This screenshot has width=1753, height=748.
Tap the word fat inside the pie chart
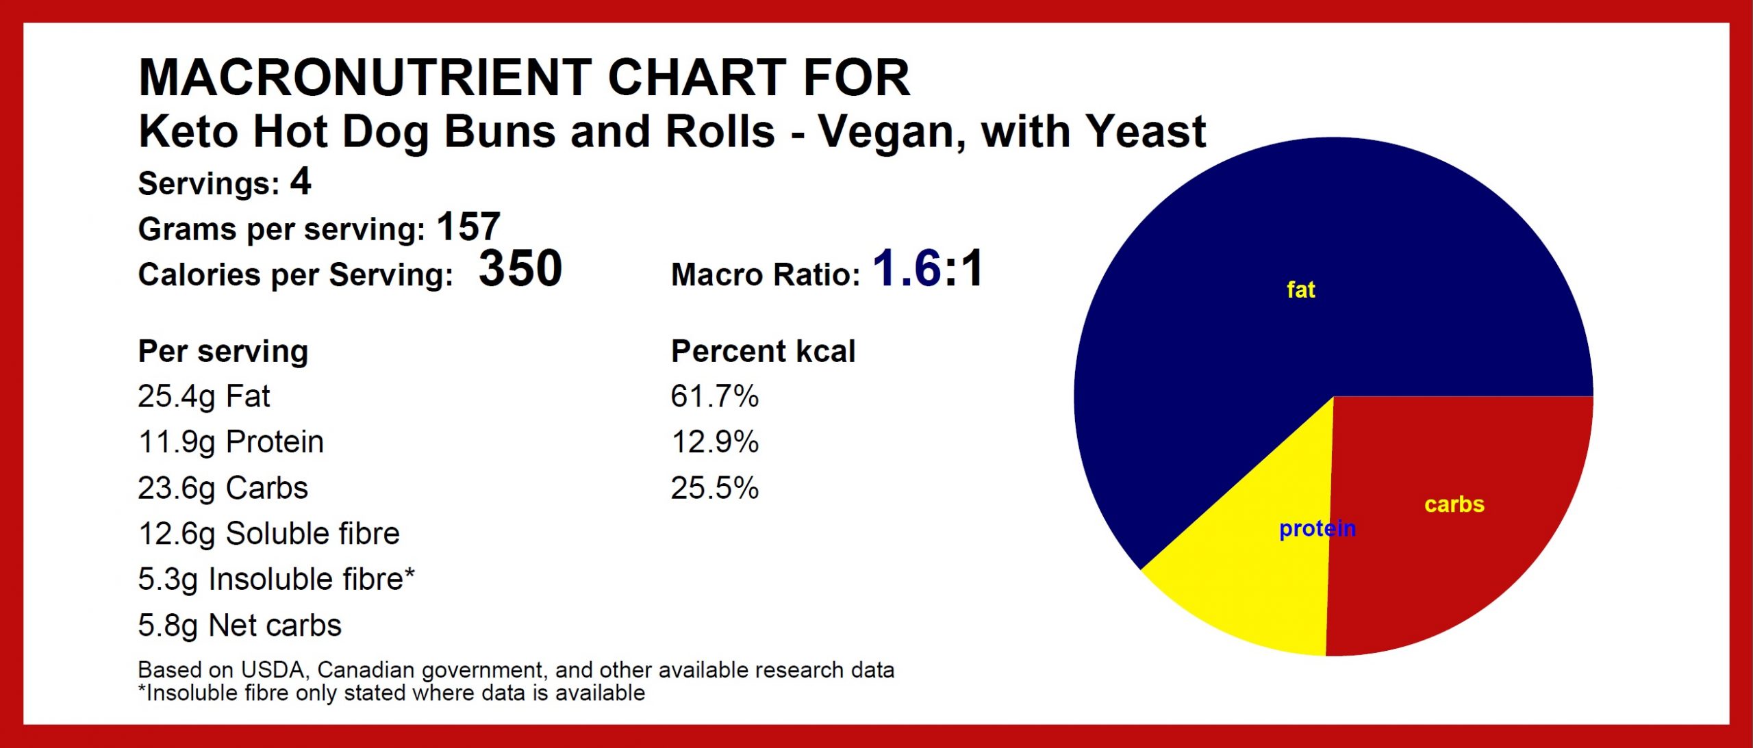click(x=1300, y=289)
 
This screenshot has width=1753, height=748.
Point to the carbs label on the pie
click(x=1454, y=504)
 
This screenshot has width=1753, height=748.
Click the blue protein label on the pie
click(x=1317, y=529)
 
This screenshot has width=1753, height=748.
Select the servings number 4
click(x=301, y=182)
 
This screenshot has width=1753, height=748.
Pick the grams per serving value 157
click(x=468, y=227)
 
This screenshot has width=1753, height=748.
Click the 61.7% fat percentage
click(x=714, y=396)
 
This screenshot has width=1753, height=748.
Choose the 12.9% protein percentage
click(x=714, y=442)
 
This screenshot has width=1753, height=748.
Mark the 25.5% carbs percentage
click(x=714, y=488)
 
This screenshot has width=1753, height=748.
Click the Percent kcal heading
click(x=763, y=351)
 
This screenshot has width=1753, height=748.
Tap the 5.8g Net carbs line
click(x=240, y=626)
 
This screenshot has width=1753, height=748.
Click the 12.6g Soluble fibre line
click(x=268, y=534)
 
